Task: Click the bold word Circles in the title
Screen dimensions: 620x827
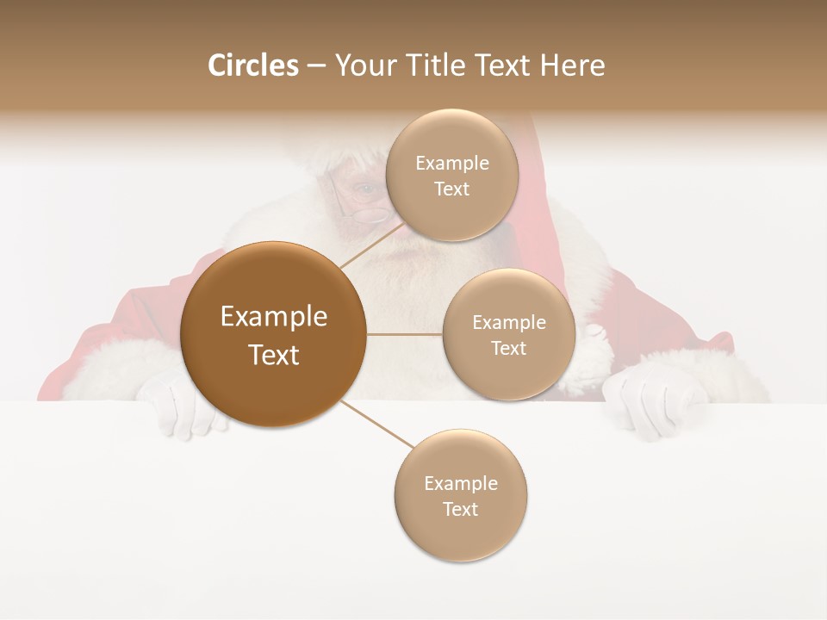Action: (x=252, y=65)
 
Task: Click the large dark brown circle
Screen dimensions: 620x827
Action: (x=273, y=334)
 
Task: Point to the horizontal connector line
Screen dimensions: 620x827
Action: (x=404, y=334)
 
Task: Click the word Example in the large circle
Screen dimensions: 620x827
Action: (x=273, y=317)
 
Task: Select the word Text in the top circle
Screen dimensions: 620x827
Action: (x=451, y=189)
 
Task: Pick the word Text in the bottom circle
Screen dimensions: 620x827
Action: (x=460, y=509)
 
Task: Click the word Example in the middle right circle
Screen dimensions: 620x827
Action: (x=508, y=323)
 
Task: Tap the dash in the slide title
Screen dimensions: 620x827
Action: (x=316, y=66)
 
